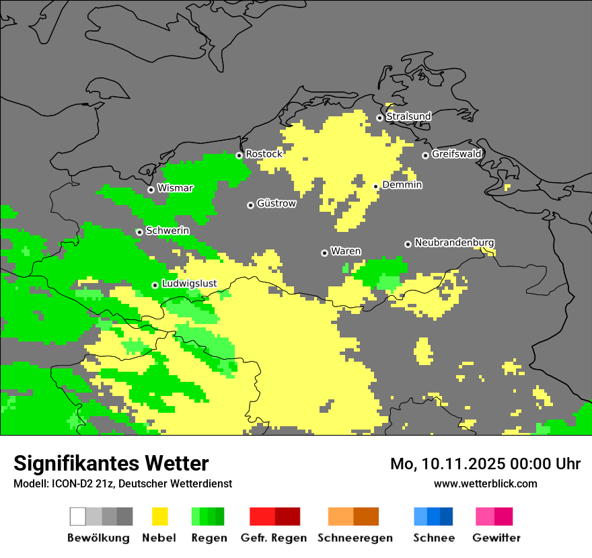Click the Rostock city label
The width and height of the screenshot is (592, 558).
point(264,154)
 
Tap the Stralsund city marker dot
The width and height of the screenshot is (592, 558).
point(379,118)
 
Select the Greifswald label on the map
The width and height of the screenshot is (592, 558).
point(456,154)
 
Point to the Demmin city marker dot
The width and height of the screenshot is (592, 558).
point(376,186)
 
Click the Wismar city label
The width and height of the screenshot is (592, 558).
point(175,188)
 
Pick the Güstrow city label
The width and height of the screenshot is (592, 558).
point(276,203)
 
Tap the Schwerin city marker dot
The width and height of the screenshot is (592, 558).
point(139,232)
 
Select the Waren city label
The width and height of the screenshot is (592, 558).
point(345,251)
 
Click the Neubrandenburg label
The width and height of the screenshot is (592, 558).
point(454,243)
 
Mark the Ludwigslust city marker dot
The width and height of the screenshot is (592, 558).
point(155,285)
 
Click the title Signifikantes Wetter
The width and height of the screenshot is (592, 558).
point(111,464)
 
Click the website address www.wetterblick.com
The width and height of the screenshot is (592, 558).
point(485,484)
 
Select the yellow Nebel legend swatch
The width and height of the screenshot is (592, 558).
point(159,516)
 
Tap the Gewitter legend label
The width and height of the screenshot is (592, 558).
point(496,538)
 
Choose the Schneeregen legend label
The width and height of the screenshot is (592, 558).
point(355,538)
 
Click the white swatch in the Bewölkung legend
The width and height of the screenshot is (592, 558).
point(78,516)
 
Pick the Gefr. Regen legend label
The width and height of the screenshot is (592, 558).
point(274,538)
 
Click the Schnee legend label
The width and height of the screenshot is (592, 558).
point(434,538)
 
